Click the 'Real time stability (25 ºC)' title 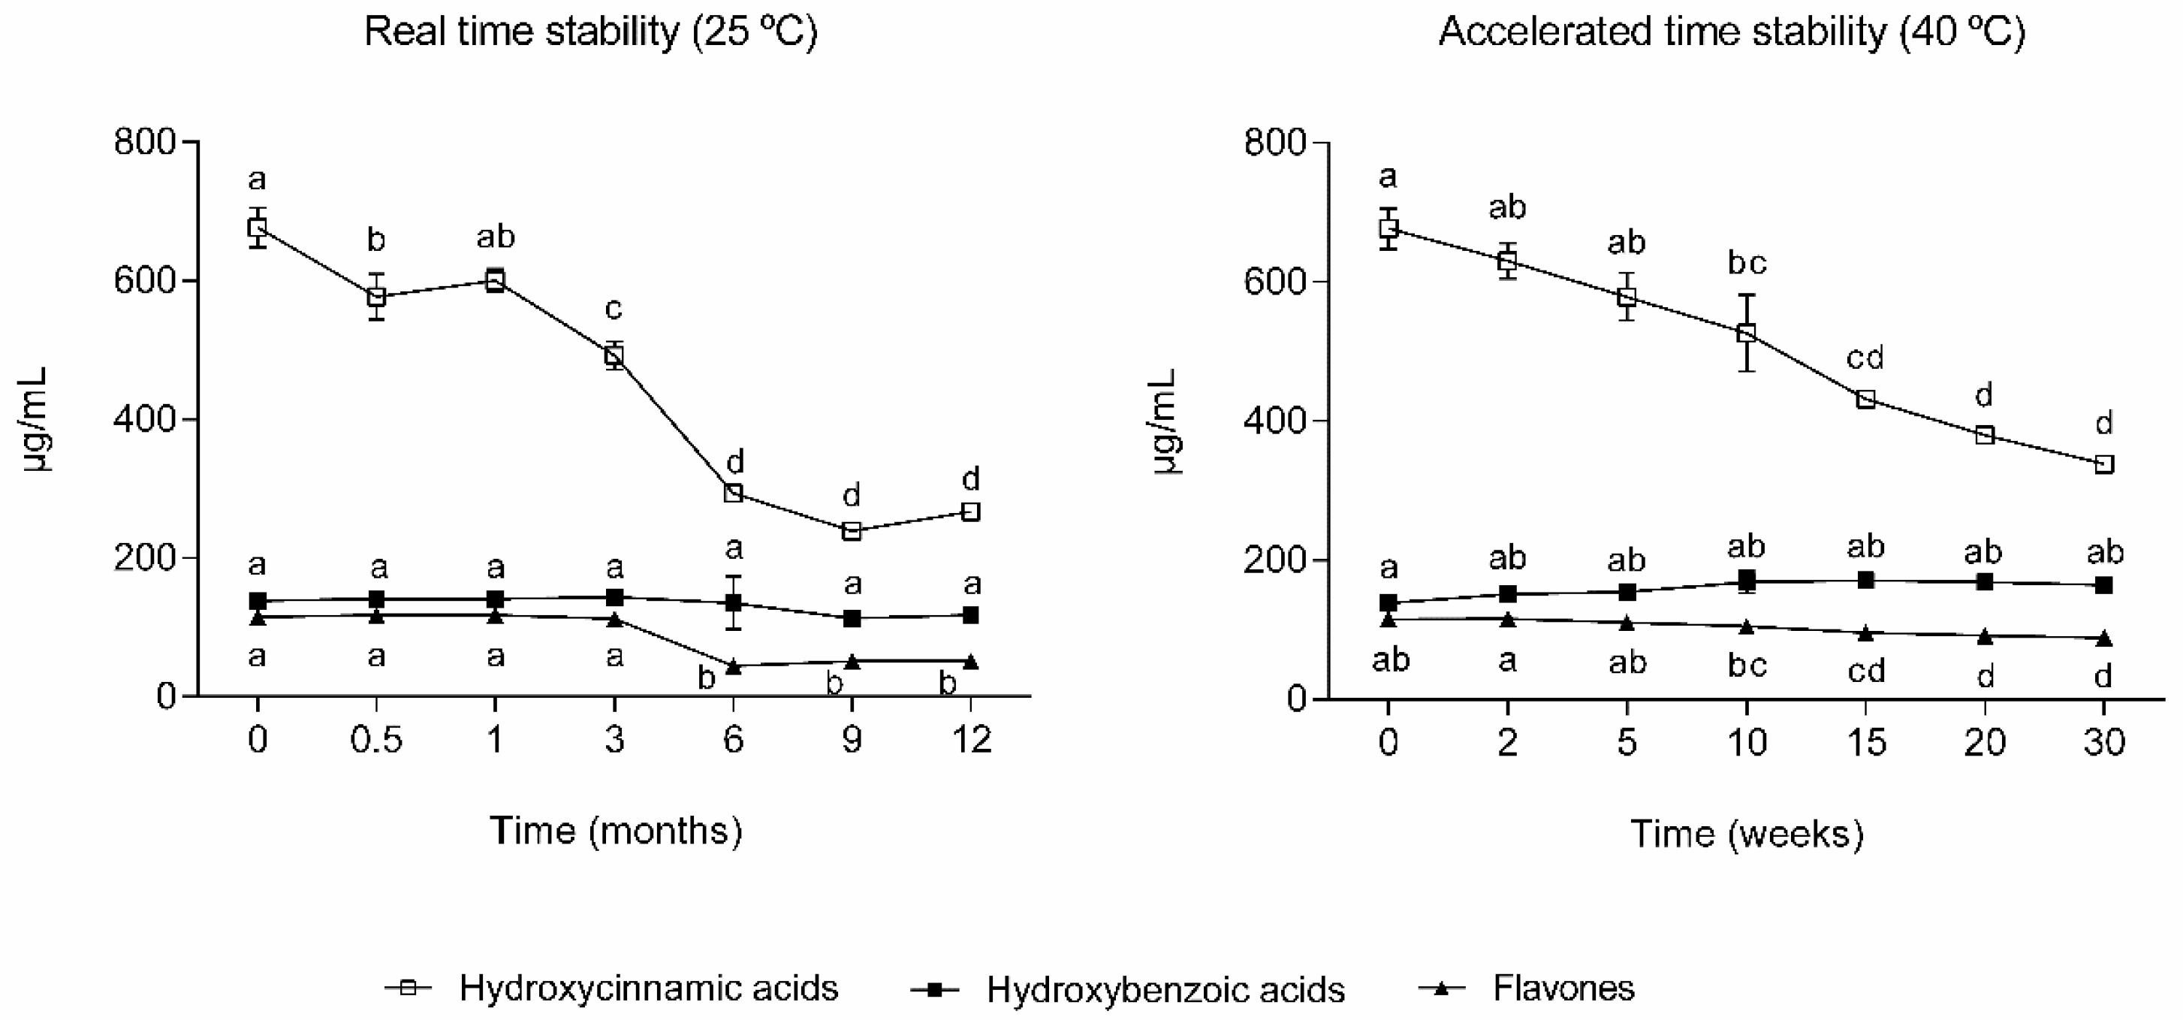(591, 32)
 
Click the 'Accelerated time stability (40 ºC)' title (1732, 32)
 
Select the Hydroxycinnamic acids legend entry (647, 988)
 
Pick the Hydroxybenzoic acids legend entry (1165, 989)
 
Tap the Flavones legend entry (1563, 988)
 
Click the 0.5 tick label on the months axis (376, 740)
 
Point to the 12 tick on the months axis (971, 740)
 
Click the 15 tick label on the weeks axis (1865, 743)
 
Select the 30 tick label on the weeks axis (2103, 743)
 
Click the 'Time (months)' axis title (616, 831)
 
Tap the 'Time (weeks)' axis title (1747, 834)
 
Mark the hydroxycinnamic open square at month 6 (734, 493)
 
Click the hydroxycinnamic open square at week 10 (1746, 333)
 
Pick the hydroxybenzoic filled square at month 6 (734, 603)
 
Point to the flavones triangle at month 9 (852, 661)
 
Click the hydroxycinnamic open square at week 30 (2103, 463)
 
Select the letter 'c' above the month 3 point (614, 309)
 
